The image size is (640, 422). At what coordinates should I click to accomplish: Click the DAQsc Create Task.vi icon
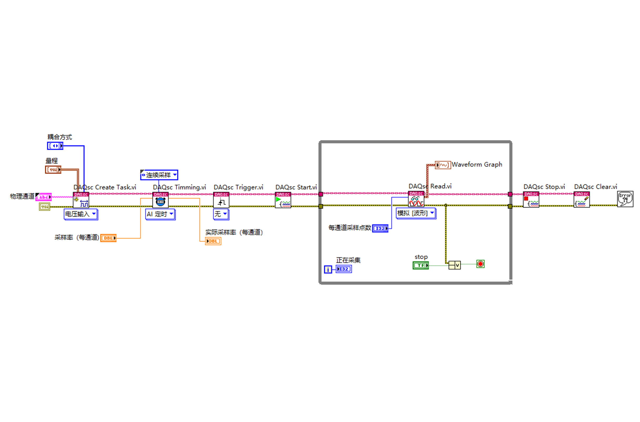pyautogui.click(x=81, y=200)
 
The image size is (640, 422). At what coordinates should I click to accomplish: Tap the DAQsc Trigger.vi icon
pyautogui.click(x=221, y=200)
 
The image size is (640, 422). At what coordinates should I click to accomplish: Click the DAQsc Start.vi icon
pyautogui.click(x=283, y=200)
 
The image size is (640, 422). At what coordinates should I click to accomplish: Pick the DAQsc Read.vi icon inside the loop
pyautogui.click(x=416, y=199)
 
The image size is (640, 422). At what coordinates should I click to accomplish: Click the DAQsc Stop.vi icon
pyautogui.click(x=531, y=199)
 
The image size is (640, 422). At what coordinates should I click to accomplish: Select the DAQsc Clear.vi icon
pyautogui.click(x=581, y=199)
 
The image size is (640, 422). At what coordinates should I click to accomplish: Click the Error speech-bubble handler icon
pyautogui.click(x=625, y=199)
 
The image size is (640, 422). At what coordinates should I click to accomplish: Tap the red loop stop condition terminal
pyautogui.click(x=480, y=264)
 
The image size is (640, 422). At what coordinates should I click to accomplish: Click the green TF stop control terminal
pyautogui.click(x=421, y=265)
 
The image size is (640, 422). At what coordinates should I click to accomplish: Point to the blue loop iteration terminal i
pyautogui.click(x=328, y=269)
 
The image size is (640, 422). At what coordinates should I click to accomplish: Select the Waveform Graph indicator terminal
pyautogui.click(x=442, y=165)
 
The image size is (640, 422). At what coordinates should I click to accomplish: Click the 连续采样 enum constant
pyautogui.click(x=159, y=175)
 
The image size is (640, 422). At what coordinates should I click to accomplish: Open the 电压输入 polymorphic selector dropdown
pyautogui.click(x=81, y=214)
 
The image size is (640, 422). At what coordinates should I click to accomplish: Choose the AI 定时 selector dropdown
pyautogui.click(x=160, y=214)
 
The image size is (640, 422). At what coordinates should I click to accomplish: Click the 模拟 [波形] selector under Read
pyautogui.click(x=416, y=213)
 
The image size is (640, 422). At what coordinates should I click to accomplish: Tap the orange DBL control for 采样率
pyautogui.click(x=108, y=238)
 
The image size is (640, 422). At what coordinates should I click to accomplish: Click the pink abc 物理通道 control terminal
pyautogui.click(x=44, y=197)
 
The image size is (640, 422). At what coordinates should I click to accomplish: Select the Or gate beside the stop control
pyautogui.click(x=454, y=265)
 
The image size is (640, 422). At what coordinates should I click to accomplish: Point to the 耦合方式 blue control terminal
pyautogui.click(x=55, y=146)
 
